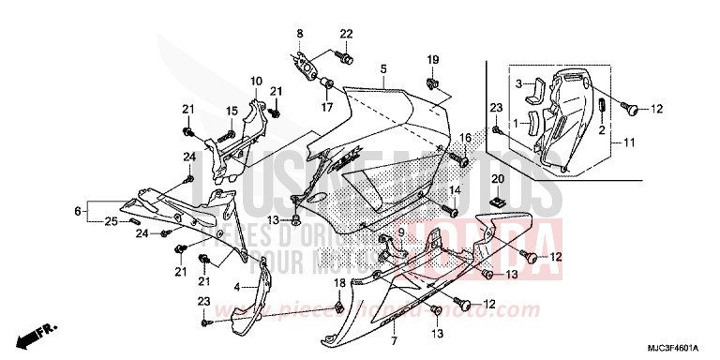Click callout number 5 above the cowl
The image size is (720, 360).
(x=383, y=70)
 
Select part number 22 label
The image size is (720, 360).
(x=346, y=35)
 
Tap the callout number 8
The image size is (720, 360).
(x=301, y=35)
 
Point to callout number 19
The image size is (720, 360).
(x=432, y=60)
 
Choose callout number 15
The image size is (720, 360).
(x=231, y=112)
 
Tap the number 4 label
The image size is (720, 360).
(x=237, y=287)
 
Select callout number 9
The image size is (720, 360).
(x=400, y=232)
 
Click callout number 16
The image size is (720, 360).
(x=463, y=139)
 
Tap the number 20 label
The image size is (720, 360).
(x=498, y=178)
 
